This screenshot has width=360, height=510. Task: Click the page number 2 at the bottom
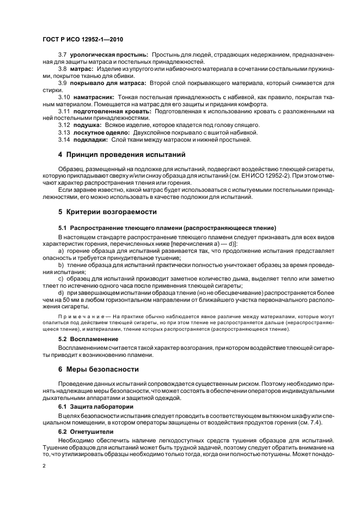tap(44, 466)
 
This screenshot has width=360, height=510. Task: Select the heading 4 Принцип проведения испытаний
tap(122, 155)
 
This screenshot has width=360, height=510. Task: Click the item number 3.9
tap(63, 83)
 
